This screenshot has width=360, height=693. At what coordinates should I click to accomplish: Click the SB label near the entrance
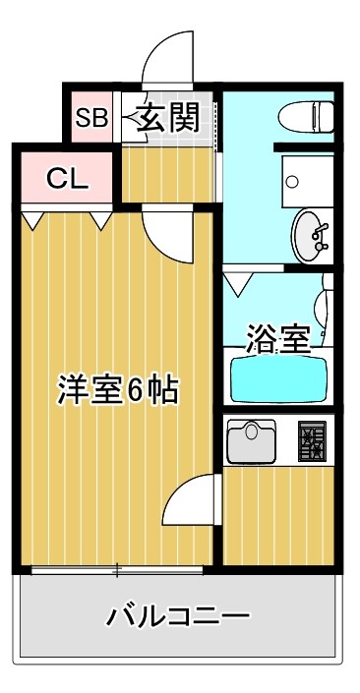pos(91,118)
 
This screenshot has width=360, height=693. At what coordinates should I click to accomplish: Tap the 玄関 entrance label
pos(168,118)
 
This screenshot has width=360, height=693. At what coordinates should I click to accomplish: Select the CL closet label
pos(68,179)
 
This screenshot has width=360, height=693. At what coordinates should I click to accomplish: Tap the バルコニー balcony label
pos(179,617)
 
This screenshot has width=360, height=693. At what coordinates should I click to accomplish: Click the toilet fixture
pos(307,117)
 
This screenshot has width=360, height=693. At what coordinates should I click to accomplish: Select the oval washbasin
pos(313,236)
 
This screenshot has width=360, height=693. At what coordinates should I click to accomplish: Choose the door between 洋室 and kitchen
pos(191,502)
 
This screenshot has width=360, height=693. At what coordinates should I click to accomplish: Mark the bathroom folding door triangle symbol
pos(238,287)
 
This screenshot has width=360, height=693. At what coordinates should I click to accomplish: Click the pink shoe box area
pos(91,118)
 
